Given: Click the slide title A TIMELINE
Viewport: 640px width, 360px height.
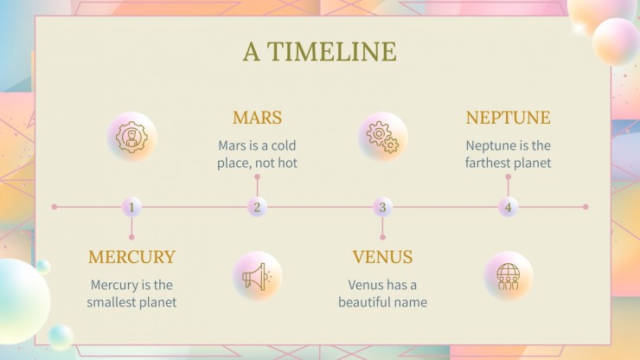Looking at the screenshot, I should (x=319, y=52).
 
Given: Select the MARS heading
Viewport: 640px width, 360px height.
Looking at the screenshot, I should (x=257, y=118).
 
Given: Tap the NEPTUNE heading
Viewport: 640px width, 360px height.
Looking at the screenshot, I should (x=508, y=118).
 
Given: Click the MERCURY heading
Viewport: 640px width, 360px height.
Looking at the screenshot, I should (x=131, y=257).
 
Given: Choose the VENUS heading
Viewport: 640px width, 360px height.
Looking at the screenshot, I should (x=382, y=257).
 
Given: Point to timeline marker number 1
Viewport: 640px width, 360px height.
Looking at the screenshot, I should (x=131, y=207).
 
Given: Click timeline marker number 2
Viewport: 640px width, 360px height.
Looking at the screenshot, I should (x=257, y=207).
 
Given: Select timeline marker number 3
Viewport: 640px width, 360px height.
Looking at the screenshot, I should (x=382, y=207).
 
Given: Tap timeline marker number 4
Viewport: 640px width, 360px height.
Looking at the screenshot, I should (x=508, y=207).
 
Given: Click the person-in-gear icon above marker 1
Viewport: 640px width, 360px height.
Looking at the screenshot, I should (x=132, y=137).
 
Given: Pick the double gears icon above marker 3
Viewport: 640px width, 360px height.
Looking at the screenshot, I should (x=383, y=137).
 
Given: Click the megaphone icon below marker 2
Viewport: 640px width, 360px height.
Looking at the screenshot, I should (x=258, y=276).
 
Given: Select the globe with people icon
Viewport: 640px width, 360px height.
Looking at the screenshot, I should (x=508, y=276).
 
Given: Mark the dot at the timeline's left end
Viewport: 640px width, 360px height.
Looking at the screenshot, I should (x=54, y=207).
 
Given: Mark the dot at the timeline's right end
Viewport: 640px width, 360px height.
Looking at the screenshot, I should (x=586, y=207).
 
